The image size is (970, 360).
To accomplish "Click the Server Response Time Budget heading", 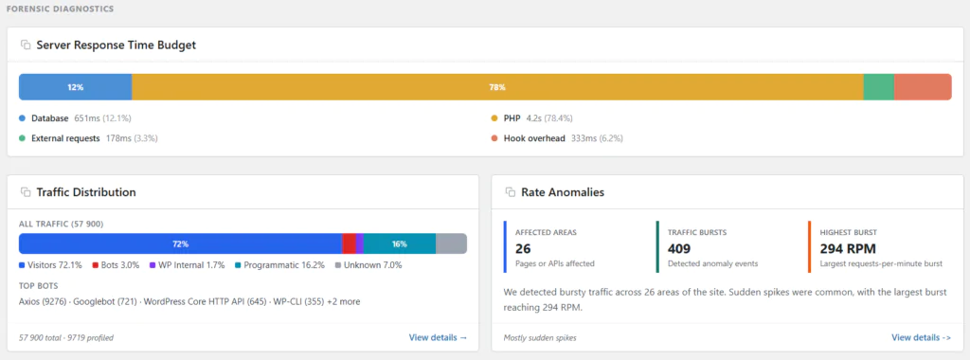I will coord(116,45).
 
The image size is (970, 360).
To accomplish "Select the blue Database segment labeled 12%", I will coord(75,87).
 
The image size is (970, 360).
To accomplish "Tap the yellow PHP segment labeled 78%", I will coord(497,87).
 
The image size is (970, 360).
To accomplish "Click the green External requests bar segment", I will coord(878,87).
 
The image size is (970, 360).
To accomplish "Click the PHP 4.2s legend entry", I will coord(530,118).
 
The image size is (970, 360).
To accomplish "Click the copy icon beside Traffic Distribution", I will coord(26,192).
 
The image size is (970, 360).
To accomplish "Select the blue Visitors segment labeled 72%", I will coord(180,243).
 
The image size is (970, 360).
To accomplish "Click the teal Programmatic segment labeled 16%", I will coord(399,243).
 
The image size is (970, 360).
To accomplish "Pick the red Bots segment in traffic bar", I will coord(349,243).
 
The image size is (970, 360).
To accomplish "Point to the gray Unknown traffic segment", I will coord(451,243).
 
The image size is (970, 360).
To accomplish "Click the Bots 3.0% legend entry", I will coord(116,265).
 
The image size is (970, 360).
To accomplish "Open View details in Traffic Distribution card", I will coord(438,337).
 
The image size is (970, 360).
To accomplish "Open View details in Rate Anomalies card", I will coord(921,337).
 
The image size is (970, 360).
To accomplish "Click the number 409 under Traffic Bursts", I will coord(681,248).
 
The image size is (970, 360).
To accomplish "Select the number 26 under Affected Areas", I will coord(523,248).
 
